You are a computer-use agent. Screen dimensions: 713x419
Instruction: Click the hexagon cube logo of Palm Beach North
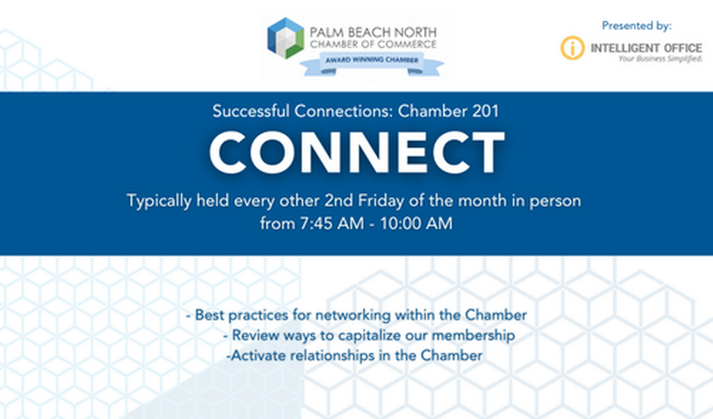[286, 38]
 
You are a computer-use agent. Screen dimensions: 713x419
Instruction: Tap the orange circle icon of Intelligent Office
[572, 48]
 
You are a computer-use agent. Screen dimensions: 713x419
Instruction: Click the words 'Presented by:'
[636, 26]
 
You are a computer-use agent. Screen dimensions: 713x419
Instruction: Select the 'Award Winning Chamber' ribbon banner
[372, 64]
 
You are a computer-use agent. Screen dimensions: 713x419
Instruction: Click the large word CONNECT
[357, 153]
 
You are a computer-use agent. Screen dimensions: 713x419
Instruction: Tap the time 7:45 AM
[332, 223]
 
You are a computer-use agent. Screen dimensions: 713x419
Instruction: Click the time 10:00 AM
[417, 223]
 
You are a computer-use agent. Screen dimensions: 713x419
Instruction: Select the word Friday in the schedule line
[381, 201]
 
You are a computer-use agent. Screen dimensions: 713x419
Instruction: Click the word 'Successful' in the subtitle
[251, 111]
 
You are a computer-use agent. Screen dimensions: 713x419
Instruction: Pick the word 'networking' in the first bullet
[353, 315]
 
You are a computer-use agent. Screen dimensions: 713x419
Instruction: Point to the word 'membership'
[473, 335]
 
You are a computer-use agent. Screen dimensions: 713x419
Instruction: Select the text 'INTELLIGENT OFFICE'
[646, 48]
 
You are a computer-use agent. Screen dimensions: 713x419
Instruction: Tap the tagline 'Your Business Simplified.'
[660, 59]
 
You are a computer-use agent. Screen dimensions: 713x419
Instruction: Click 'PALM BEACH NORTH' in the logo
[373, 33]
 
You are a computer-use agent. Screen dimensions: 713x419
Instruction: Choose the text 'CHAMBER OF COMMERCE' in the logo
[373, 45]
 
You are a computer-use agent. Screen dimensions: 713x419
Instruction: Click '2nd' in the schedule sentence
[339, 201]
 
